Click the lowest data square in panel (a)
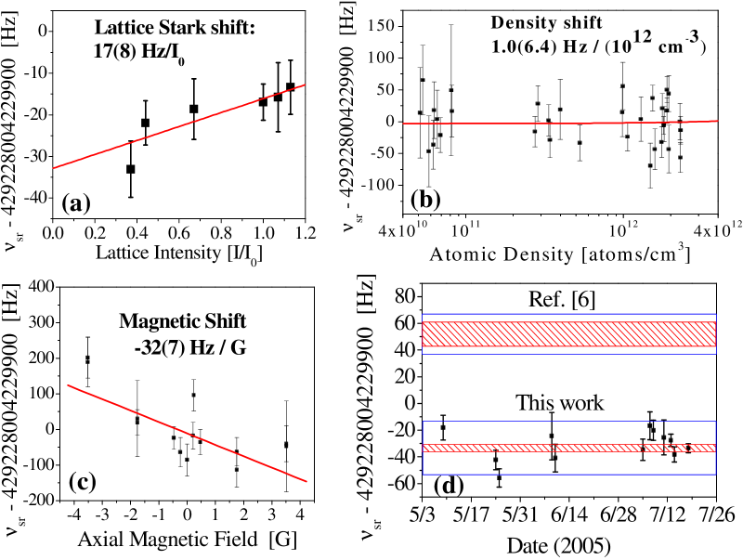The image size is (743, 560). [131, 169]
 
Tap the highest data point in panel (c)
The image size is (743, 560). [88, 358]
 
